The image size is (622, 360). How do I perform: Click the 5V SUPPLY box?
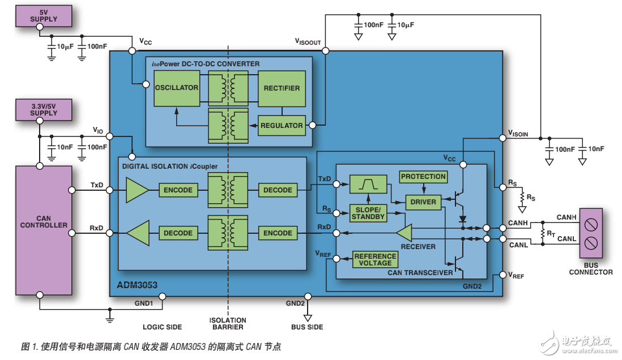coord(44,15)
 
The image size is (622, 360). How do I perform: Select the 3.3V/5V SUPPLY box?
coord(44,109)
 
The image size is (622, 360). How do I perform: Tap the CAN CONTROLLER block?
coord(44,229)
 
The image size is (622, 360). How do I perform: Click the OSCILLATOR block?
coord(176,88)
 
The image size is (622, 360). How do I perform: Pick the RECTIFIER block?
coord(282,88)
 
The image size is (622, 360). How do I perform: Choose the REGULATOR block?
coord(281,125)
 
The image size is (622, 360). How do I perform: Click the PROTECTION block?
coord(423,177)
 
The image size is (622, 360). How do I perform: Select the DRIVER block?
coord(423,202)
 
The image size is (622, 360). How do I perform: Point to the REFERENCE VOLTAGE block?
coord(375,259)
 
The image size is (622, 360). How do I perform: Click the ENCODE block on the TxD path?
coord(178,190)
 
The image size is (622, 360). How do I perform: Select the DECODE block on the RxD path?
coord(178,233)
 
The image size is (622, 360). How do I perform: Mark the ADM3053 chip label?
coord(138,285)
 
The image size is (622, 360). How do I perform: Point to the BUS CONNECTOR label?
coord(590,268)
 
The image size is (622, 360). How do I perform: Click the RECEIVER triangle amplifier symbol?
coord(404,233)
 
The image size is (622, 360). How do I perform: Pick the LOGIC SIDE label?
coord(163,327)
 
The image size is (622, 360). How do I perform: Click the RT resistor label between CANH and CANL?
coord(550,233)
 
